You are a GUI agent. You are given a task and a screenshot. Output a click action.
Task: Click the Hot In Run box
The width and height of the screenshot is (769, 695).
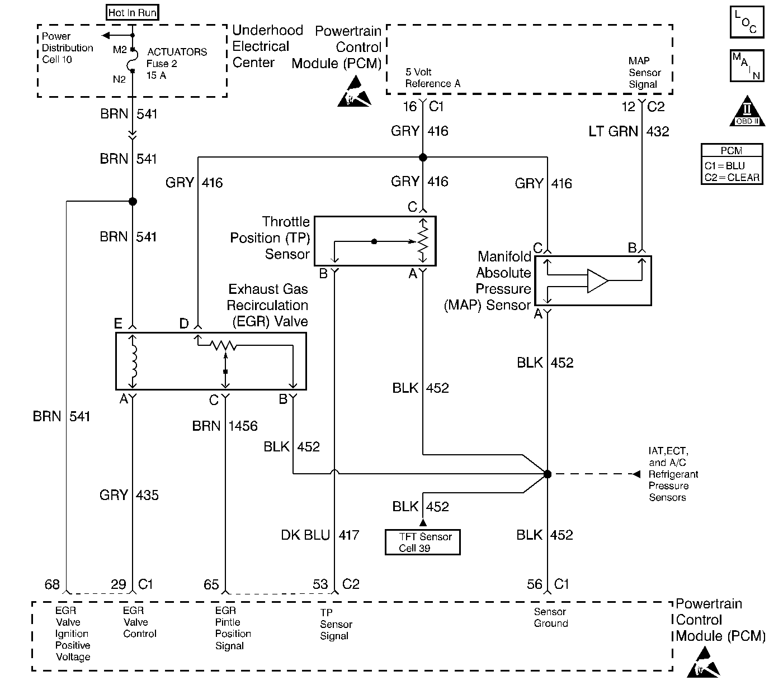pyautogui.click(x=133, y=13)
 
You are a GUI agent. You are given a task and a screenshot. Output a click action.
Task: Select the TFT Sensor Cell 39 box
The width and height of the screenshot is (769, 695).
pyautogui.click(x=422, y=542)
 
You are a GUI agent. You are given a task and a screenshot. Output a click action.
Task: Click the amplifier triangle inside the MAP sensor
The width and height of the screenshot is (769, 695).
pyautogui.click(x=597, y=280)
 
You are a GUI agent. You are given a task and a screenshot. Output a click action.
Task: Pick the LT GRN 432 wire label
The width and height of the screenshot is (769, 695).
pyautogui.click(x=629, y=132)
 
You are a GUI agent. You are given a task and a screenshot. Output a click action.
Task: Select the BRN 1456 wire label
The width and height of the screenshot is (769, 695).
pyautogui.click(x=225, y=426)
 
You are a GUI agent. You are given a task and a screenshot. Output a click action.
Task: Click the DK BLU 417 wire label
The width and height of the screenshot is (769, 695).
pyautogui.click(x=320, y=535)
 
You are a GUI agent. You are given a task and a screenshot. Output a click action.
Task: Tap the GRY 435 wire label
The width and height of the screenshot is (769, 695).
pyautogui.click(x=129, y=495)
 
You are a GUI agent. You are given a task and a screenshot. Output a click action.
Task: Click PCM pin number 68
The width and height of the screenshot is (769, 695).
pyautogui.click(x=52, y=584)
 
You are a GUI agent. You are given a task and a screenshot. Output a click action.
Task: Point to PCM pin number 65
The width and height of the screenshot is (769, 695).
pyautogui.click(x=211, y=584)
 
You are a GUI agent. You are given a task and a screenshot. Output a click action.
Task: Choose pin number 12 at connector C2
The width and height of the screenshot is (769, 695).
pyautogui.click(x=629, y=106)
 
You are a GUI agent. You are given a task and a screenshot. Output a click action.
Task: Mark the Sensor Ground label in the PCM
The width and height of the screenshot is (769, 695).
pyautogui.click(x=551, y=617)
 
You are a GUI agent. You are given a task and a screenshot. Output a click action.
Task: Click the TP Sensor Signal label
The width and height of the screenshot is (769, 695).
pyautogui.click(x=336, y=624)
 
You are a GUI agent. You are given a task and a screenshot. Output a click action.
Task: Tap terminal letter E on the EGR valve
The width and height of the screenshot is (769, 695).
pyautogui.click(x=118, y=323)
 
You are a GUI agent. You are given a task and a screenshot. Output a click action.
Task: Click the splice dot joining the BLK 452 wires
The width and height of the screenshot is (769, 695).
pyautogui.click(x=548, y=474)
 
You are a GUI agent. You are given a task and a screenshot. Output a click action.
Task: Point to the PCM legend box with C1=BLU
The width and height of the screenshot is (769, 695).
pyautogui.click(x=732, y=164)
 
